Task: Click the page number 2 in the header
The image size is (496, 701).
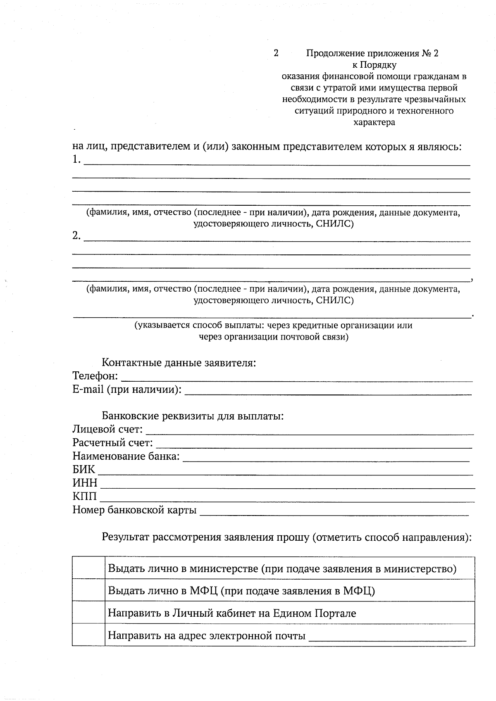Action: (276, 53)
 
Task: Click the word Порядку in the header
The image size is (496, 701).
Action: (378, 65)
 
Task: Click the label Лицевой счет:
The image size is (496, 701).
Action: (108, 430)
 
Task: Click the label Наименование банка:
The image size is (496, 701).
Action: (126, 456)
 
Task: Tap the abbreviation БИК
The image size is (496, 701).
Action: (84, 470)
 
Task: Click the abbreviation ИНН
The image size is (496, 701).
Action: (85, 483)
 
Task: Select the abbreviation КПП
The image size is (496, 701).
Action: (85, 497)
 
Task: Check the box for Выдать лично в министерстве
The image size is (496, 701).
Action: (88, 568)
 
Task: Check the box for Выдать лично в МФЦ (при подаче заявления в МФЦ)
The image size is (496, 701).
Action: (88, 590)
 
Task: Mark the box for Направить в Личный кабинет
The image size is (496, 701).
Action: (88, 613)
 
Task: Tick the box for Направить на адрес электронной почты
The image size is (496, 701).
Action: (88, 635)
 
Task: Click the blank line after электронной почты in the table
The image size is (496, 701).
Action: (388, 638)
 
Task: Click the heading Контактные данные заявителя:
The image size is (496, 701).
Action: (179, 363)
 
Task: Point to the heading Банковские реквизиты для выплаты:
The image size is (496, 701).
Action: (193, 416)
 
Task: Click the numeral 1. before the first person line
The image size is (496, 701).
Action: (76, 159)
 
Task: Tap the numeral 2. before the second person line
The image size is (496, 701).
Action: (76, 236)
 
